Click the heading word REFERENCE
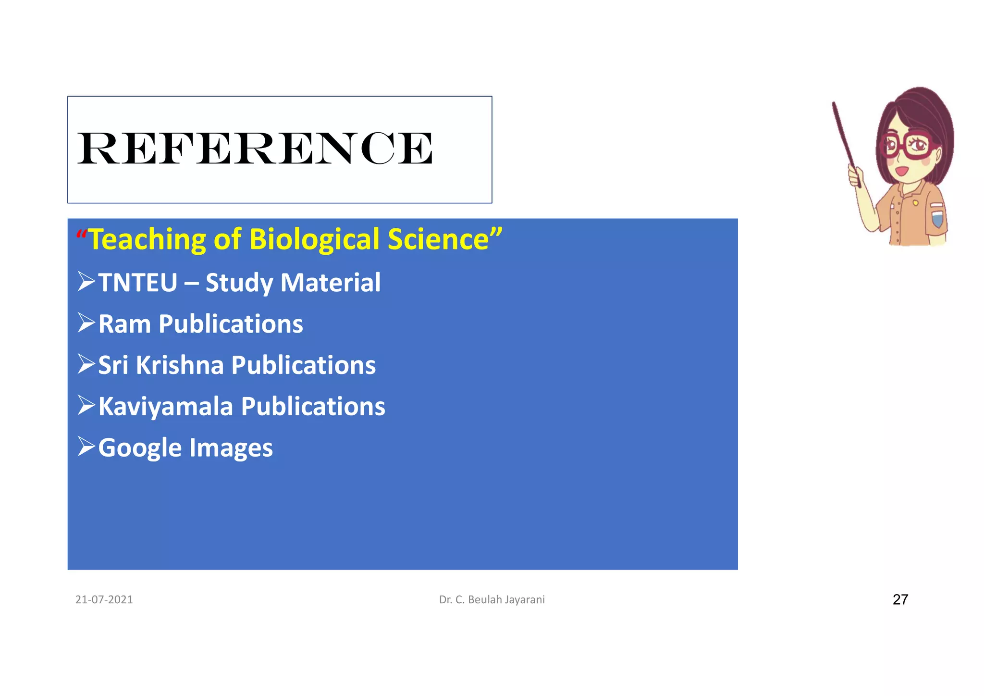[255, 149]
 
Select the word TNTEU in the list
[138, 282]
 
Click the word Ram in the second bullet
[124, 324]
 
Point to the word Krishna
[180, 365]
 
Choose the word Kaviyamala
[165, 407]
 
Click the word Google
[140, 448]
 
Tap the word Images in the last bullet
[231, 448]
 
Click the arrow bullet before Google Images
[86, 447]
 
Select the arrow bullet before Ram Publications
[86, 323]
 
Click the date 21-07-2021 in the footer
[104, 599]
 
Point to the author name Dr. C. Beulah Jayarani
[492, 599]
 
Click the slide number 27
[900, 599]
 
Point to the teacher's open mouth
[901, 171]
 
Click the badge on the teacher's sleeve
[937, 215]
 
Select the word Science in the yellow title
[438, 239]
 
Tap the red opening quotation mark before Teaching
[81, 236]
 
